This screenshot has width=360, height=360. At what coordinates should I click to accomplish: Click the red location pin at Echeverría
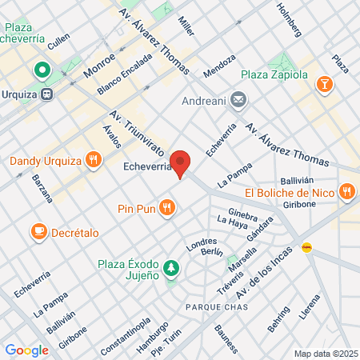182,164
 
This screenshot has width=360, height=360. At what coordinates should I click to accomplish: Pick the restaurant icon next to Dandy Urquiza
94,161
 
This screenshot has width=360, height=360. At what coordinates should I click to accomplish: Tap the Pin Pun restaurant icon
166,208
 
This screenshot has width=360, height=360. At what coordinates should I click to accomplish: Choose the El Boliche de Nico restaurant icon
346,192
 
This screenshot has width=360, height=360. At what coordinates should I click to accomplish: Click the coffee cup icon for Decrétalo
38,231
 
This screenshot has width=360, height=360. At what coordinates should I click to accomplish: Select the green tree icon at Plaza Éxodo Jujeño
170,266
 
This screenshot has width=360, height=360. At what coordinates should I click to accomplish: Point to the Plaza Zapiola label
274,75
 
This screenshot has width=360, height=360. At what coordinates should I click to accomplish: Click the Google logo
27,350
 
